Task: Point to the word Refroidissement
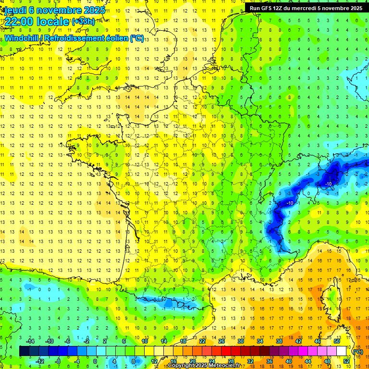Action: click(x=76, y=38)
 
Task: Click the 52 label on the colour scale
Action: click(x=346, y=361)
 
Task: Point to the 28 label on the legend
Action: click(x=231, y=361)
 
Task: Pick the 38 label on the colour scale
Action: click(x=279, y=342)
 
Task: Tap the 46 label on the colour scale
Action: click(x=318, y=342)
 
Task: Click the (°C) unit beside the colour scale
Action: click(x=357, y=352)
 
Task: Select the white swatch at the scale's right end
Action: click(x=342, y=351)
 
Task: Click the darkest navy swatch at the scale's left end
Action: click(x=24, y=351)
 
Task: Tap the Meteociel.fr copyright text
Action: click(x=204, y=366)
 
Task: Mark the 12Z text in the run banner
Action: click(x=279, y=8)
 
